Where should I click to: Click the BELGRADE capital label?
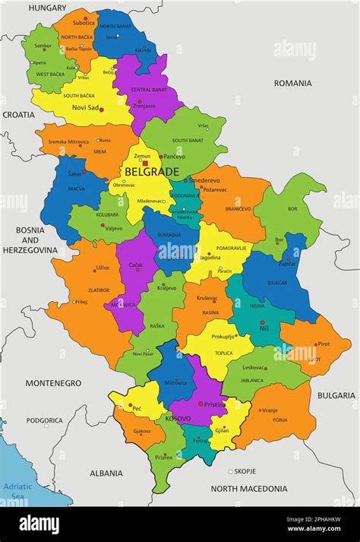coord(152,172)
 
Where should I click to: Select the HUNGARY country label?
coord(47,8)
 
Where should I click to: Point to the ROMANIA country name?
coord(292,82)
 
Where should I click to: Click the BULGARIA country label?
coord(336,395)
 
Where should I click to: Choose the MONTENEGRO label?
coord(53,383)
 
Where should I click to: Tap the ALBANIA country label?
coord(106,473)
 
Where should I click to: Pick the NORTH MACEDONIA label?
coord(248,489)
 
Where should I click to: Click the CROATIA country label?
coord(18,114)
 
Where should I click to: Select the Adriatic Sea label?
coord(17,490)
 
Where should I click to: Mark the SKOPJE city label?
coord(245,471)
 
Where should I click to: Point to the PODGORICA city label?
coord(45,420)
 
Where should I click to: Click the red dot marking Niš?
coord(262,322)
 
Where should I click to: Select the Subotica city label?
coord(84,23)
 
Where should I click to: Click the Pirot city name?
coord(323,344)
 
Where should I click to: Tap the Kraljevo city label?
coord(167,288)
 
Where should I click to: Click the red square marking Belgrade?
coord(145,163)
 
